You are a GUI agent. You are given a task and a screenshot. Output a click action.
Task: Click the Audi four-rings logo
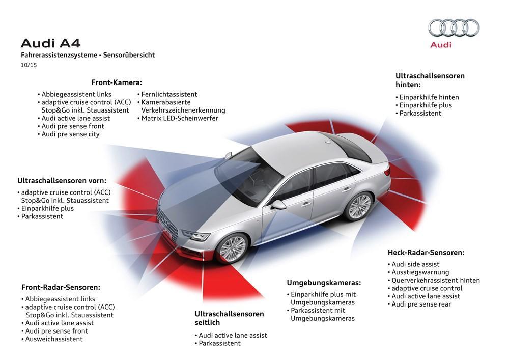pyautogui.click(x=454, y=27)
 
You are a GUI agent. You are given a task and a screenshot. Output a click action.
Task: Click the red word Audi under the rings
pyautogui.click(x=440, y=45)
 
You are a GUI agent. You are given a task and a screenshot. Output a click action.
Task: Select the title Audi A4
pyautogui.click(x=50, y=43)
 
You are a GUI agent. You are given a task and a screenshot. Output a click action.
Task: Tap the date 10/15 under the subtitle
pyautogui.click(x=29, y=65)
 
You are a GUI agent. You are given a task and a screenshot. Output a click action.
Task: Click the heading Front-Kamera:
pyautogui.click(x=117, y=82)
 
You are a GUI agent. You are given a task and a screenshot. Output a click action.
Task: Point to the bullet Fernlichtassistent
pyautogui.click(x=167, y=94)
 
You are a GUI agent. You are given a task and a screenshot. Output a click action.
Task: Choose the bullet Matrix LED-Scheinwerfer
pyautogui.click(x=178, y=118)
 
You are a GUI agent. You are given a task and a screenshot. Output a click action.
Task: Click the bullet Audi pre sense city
pyautogui.click(x=69, y=134)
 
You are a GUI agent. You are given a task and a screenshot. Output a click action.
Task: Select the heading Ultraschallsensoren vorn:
pyautogui.click(x=62, y=180)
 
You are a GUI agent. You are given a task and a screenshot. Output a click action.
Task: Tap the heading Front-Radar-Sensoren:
pyautogui.click(x=61, y=287)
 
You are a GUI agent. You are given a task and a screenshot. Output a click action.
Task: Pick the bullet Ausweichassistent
pyautogui.click(x=52, y=339)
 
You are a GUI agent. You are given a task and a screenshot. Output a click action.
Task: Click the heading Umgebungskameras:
pyautogui.click(x=324, y=283)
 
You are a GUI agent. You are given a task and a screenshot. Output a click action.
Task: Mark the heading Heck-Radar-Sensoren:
pyautogui.click(x=426, y=253)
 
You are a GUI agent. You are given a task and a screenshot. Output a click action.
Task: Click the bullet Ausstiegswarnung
pyautogui.click(x=418, y=272)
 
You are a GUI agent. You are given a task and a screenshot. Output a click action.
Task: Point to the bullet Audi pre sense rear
pyautogui.click(x=419, y=304)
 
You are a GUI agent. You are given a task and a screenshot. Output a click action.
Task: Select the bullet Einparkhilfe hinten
pyautogui.click(x=427, y=97)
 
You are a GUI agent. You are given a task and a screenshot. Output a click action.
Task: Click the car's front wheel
pyautogui.click(x=233, y=248)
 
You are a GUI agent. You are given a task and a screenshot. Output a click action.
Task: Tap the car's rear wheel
pyautogui.click(x=359, y=206)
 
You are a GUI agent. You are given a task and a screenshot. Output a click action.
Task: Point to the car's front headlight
pyautogui.click(x=196, y=235)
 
